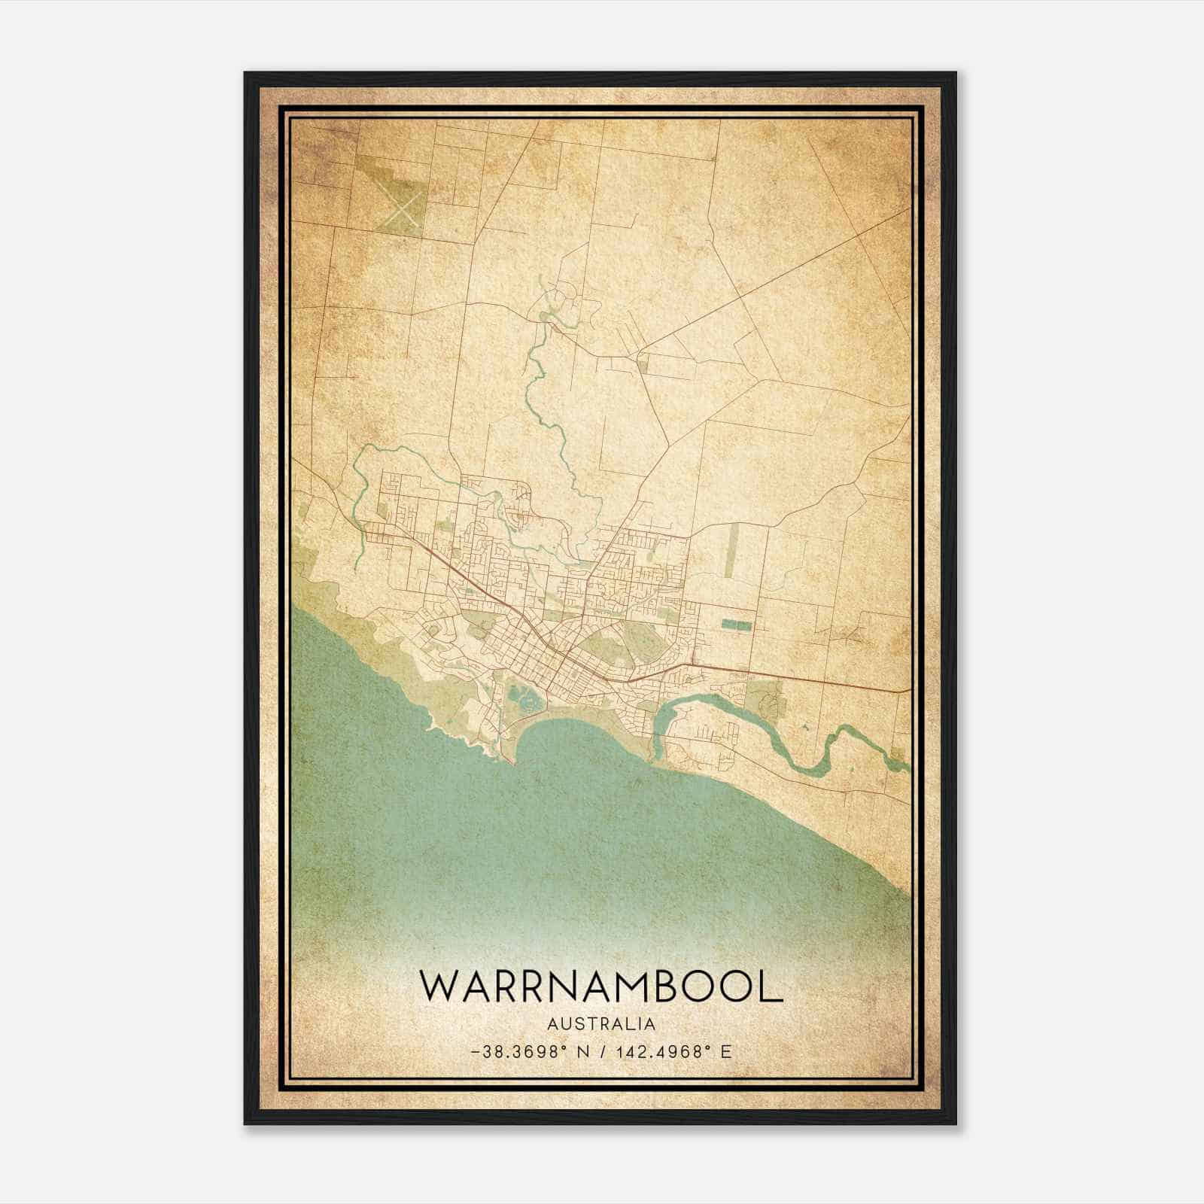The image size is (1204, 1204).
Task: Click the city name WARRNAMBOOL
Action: tap(601, 986)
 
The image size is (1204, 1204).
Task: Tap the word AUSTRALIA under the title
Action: tap(601, 1024)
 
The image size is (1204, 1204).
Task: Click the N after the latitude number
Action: tap(581, 1052)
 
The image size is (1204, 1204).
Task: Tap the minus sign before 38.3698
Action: tap(473, 1052)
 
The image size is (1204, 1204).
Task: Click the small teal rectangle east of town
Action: tap(736, 625)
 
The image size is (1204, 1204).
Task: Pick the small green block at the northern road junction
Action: tap(643, 363)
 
